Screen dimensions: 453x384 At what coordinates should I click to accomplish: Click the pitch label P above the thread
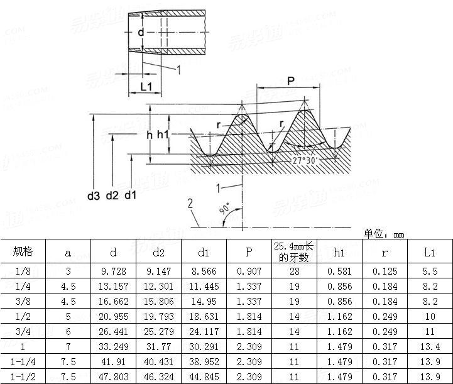click(290, 81)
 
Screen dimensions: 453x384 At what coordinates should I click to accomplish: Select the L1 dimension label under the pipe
click(147, 85)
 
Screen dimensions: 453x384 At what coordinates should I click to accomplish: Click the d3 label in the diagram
click(94, 195)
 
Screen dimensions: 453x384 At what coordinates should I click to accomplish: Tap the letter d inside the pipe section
click(141, 32)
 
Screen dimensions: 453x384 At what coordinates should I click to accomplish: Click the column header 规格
click(23, 252)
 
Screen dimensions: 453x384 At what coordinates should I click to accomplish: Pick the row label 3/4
click(23, 331)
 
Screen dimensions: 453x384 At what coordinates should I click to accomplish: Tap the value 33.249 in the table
click(113, 346)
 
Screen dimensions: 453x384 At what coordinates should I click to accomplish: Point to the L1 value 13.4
click(430, 346)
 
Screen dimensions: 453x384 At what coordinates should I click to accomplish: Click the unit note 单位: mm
click(384, 234)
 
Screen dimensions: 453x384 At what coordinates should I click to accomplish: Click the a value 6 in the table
click(68, 331)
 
